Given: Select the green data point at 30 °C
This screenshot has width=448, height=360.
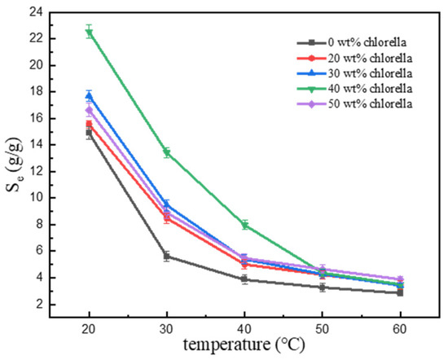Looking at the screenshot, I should coord(167,152).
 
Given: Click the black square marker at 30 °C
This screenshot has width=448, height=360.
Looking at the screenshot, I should coord(167,256).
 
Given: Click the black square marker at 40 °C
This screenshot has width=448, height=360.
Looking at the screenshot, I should coord(245,279).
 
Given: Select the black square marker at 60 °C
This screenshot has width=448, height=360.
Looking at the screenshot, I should coord(400,292).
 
